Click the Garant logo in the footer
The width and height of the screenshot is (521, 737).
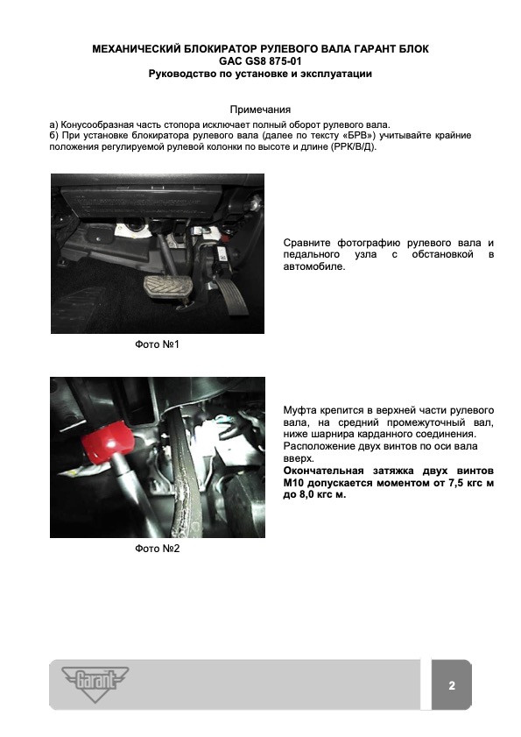[95, 684]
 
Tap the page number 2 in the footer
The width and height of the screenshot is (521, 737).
[452, 685]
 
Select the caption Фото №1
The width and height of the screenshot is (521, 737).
[157, 344]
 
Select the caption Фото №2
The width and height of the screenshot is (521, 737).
[157, 549]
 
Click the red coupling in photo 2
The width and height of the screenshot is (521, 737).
[107, 441]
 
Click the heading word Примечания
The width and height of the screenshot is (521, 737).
[260, 110]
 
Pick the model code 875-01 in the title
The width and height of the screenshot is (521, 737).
[285, 61]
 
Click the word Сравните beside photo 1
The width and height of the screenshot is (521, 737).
[306, 243]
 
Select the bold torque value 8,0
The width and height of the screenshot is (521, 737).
[307, 495]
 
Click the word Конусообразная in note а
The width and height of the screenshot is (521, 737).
[97, 125]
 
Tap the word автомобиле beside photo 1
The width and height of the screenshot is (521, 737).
[313, 266]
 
